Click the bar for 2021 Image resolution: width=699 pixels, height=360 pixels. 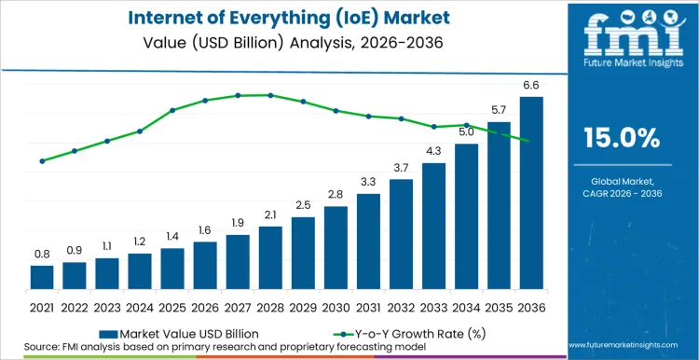pos(42,278)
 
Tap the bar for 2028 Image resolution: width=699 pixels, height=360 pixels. pos(270,258)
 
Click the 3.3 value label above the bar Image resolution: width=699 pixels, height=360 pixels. pos(368,182)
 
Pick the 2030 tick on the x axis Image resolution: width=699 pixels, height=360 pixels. pos(336,306)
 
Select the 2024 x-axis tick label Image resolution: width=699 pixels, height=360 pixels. pos(140,306)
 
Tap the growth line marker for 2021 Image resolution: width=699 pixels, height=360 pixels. pos(42,161)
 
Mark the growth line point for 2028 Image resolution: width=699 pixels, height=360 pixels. pos(270,95)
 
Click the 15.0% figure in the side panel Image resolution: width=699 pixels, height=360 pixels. pos(621,138)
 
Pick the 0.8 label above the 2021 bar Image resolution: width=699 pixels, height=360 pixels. pos(42,254)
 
